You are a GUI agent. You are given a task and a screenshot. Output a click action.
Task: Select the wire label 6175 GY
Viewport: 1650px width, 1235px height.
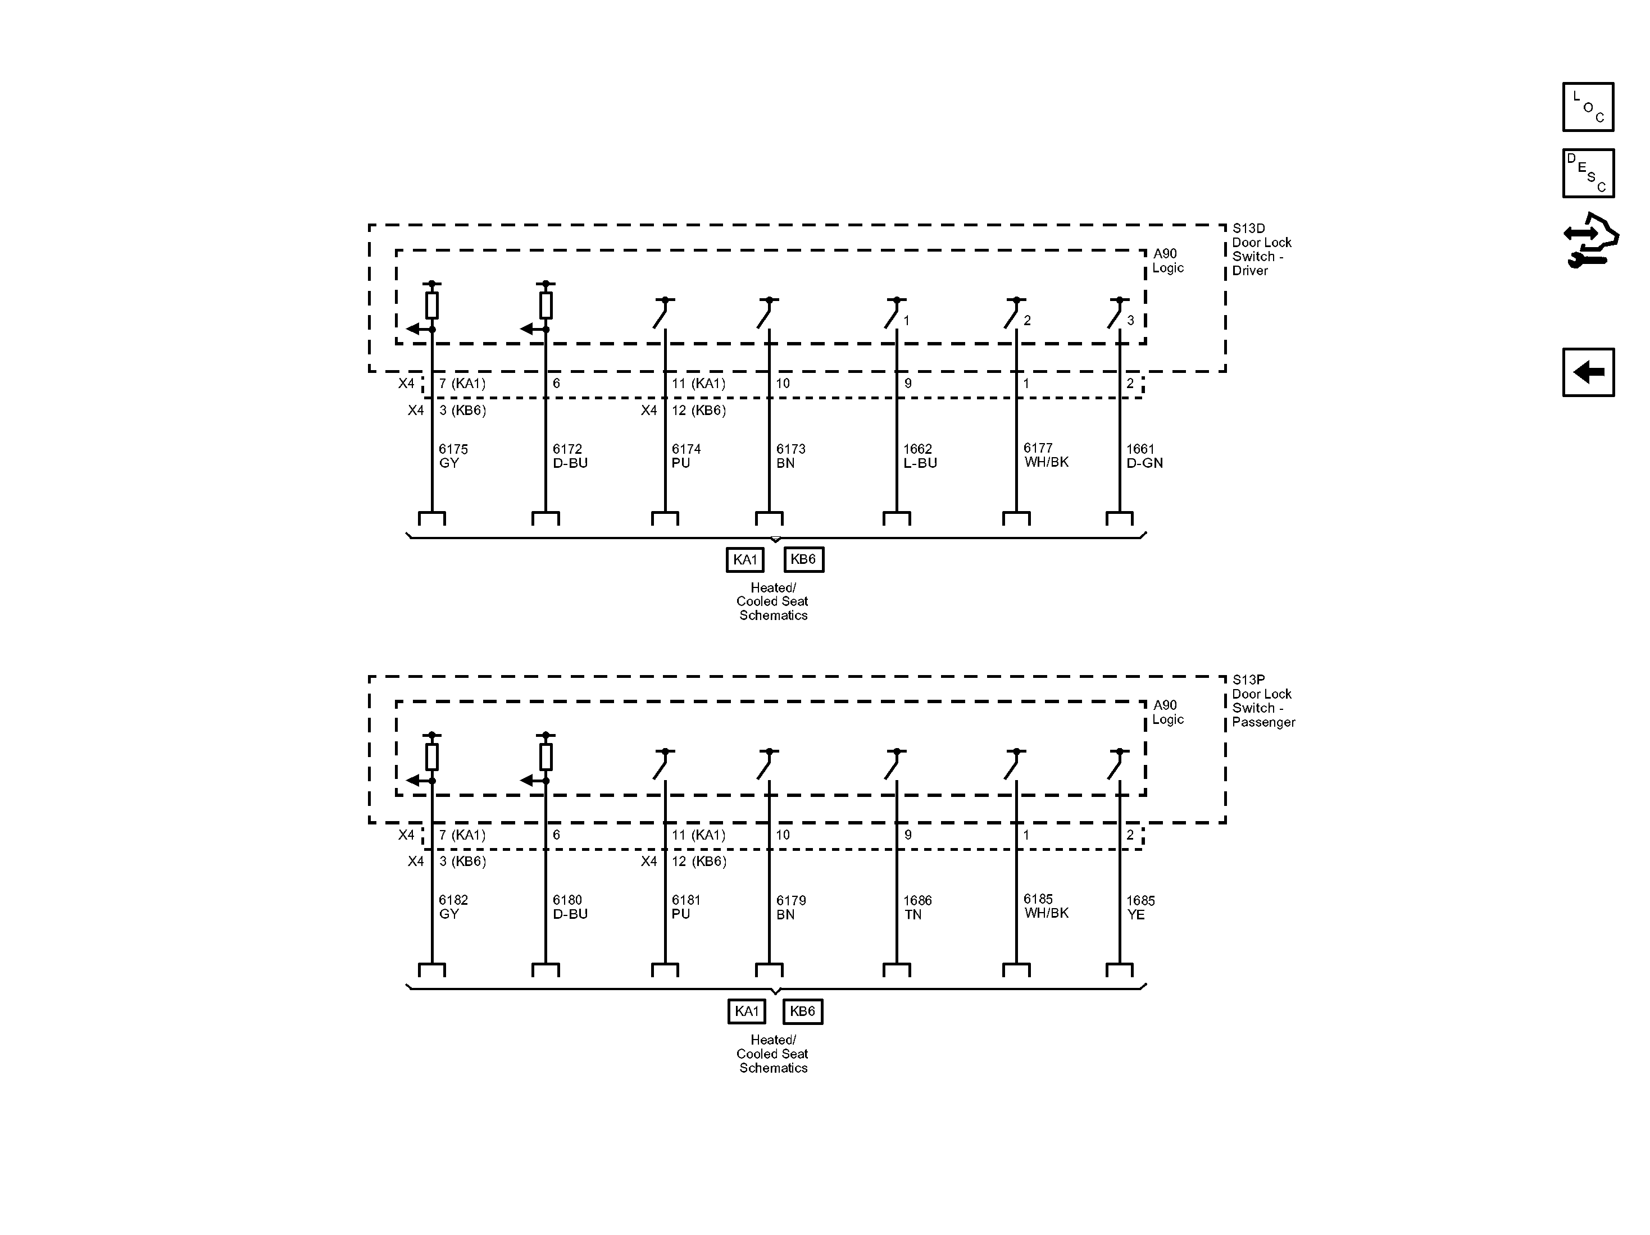coord(453,455)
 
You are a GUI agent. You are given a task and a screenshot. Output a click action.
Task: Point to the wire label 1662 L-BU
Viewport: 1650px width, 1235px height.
coord(920,455)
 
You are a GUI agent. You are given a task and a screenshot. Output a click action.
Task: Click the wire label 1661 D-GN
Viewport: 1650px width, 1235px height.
coord(1143,455)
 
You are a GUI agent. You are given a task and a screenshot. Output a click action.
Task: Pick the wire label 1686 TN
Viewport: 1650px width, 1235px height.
coord(917,907)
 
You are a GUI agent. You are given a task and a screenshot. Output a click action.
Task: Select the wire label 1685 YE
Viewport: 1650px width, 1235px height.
coord(1140,907)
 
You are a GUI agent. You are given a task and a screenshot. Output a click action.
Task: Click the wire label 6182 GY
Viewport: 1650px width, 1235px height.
coord(453,907)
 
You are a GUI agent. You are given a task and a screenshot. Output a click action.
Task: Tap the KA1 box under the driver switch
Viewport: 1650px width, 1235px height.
coord(744,559)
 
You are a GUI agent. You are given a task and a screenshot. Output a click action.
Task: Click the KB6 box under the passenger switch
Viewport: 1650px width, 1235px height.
coord(803,1011)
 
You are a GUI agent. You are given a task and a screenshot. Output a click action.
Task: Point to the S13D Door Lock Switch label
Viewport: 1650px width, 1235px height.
coord(1261,249)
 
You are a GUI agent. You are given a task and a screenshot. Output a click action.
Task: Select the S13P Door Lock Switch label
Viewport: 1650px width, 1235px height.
coord(1263,700)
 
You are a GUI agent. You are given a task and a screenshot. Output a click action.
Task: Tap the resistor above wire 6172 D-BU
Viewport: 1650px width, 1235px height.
coord(546,305)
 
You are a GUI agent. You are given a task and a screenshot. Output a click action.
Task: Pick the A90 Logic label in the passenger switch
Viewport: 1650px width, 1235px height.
coord(1167,712)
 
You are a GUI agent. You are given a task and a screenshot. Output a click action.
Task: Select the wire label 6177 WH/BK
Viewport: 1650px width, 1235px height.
coord(1046,455)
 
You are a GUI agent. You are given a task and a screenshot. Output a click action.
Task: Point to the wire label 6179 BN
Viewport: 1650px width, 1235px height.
coord(790,907)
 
